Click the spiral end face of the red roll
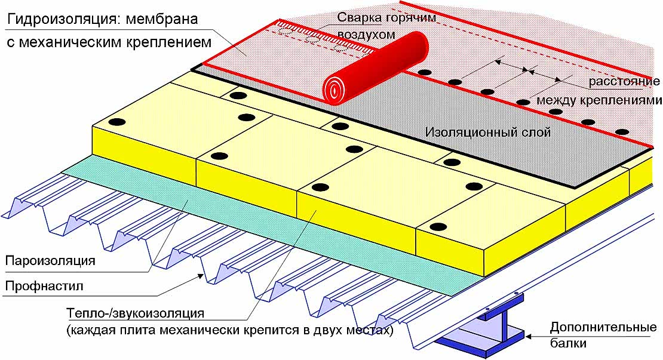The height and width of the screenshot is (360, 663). pyautogui.click(x=334, y=90)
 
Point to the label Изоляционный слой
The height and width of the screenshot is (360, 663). pyautogui.click(x=488, y=133)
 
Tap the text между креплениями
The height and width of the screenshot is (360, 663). pyautogui.click(x=599, y=100)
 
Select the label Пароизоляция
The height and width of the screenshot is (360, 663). pyautogui.click(x=50, y=260)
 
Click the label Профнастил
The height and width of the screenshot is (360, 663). pyautogui.click(x=44, y=286)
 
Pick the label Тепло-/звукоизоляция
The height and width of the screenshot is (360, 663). pyautogui.click(x=136, y=313)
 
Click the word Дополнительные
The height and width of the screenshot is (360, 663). pyautogui.click(x=603, y=328)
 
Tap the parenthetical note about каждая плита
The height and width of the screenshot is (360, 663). pyautogui.click(x=229, y=330)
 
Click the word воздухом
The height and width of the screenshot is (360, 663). pyautogui.click(x=367, y=34)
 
